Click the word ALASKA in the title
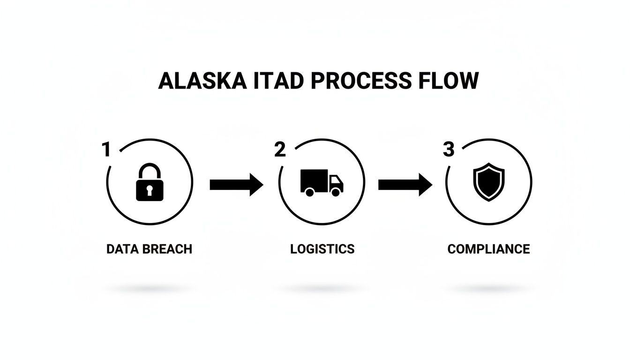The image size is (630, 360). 202,81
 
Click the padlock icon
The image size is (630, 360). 150,183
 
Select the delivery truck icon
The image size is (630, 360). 322,183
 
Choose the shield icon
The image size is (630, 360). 488,182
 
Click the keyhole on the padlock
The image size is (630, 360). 150,190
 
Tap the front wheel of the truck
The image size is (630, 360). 336,192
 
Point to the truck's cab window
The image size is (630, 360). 336,180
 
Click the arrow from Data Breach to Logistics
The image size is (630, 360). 236,184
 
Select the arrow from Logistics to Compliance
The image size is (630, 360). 405,184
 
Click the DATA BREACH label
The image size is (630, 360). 149,249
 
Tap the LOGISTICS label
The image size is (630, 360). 322,249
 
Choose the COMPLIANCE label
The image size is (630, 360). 488,249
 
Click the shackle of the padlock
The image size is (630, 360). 150,170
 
